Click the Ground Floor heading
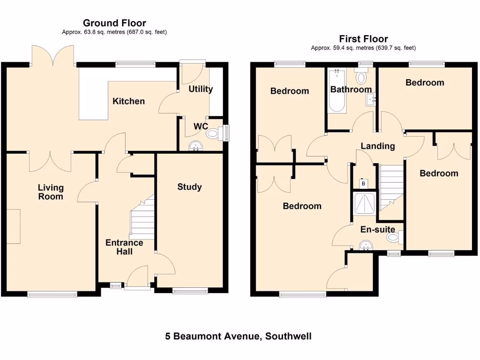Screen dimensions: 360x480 (x=114, y=23)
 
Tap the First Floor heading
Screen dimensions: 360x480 (x=363, y=39)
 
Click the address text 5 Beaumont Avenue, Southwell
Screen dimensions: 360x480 (x=238, y=336)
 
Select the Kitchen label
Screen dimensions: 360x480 (x=128, y=101)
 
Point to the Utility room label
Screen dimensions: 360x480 (x=201, y=89)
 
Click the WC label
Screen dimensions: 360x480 (x=201, y=126)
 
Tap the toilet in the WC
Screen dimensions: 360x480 (x=214, y=134)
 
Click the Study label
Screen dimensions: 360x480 (x=189, y=187)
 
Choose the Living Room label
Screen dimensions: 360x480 (x=51, y=192)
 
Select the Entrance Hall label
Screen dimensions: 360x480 (x=124, y=247)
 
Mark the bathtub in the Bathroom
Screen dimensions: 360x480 (x=337, y=91)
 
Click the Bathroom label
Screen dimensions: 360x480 (x=351, y=90)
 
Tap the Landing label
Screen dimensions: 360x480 (x=377, y=146)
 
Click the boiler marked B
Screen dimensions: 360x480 (x=363, y=183)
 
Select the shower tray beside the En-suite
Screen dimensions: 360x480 (x=364, y=204)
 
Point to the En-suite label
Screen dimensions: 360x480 (x=377, y=230)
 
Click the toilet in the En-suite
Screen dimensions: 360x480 (x=394, y=239)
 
